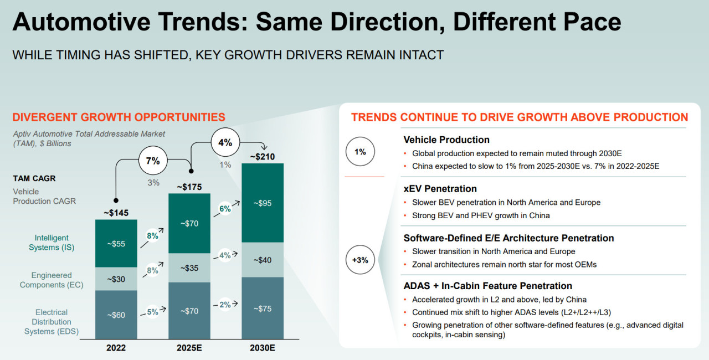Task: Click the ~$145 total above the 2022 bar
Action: (x=116, y=212)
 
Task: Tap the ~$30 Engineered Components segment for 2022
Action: (x=116, y=279)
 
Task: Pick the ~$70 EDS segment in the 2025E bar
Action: (x=189, y=311)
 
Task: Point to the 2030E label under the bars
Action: (x=263, y=348)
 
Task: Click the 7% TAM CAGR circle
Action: (x=153, y=161)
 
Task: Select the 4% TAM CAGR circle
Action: (x=225, y=142)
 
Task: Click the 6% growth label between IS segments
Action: (x=225, y=209)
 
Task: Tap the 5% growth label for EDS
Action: (x=152, y=311)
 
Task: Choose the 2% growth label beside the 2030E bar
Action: (x=225, y=304)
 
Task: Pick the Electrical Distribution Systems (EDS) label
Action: (x=52, y=322)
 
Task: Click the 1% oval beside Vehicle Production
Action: (x=360, y=151)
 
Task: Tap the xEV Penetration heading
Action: (x=440, y=189)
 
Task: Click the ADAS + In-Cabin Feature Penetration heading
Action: (x=487, y=286)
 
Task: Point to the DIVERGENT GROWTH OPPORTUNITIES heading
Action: (x=119, y=117)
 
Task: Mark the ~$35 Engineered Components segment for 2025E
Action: (x=189, y=268)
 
